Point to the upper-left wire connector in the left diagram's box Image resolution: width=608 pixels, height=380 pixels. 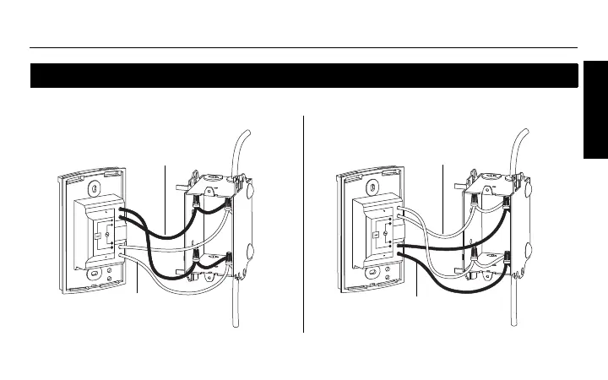197,204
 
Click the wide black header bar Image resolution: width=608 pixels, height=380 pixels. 304,76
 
